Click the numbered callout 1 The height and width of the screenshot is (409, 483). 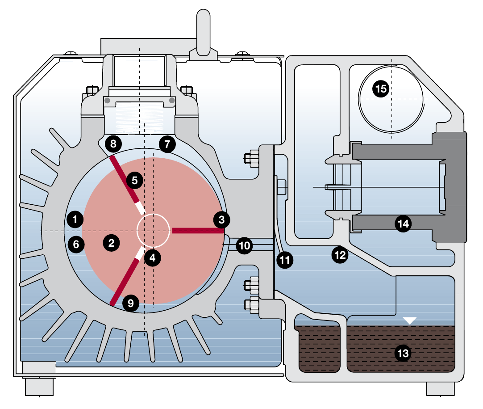point(75,219)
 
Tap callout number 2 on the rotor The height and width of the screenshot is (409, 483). point(111,243)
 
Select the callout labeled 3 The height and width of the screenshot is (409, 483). point(222,219)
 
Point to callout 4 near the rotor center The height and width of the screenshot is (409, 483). point(153,258)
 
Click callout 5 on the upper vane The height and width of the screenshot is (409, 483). point(135,181)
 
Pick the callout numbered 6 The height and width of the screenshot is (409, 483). point(76,244)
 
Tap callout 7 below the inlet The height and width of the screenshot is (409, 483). point(167,144)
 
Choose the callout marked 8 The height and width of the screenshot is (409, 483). point(113,144)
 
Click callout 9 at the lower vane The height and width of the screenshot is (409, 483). point(130,304)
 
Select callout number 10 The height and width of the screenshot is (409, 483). point(244,245)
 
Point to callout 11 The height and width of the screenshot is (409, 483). point(284,259)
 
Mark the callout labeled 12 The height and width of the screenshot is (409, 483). point(340,255)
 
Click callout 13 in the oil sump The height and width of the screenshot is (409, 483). point(403,354)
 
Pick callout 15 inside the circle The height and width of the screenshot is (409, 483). point(381,89)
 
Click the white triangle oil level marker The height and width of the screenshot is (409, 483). point(410,320)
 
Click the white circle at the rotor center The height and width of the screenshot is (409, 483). point(153,230)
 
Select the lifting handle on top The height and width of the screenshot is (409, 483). point(203,36)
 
